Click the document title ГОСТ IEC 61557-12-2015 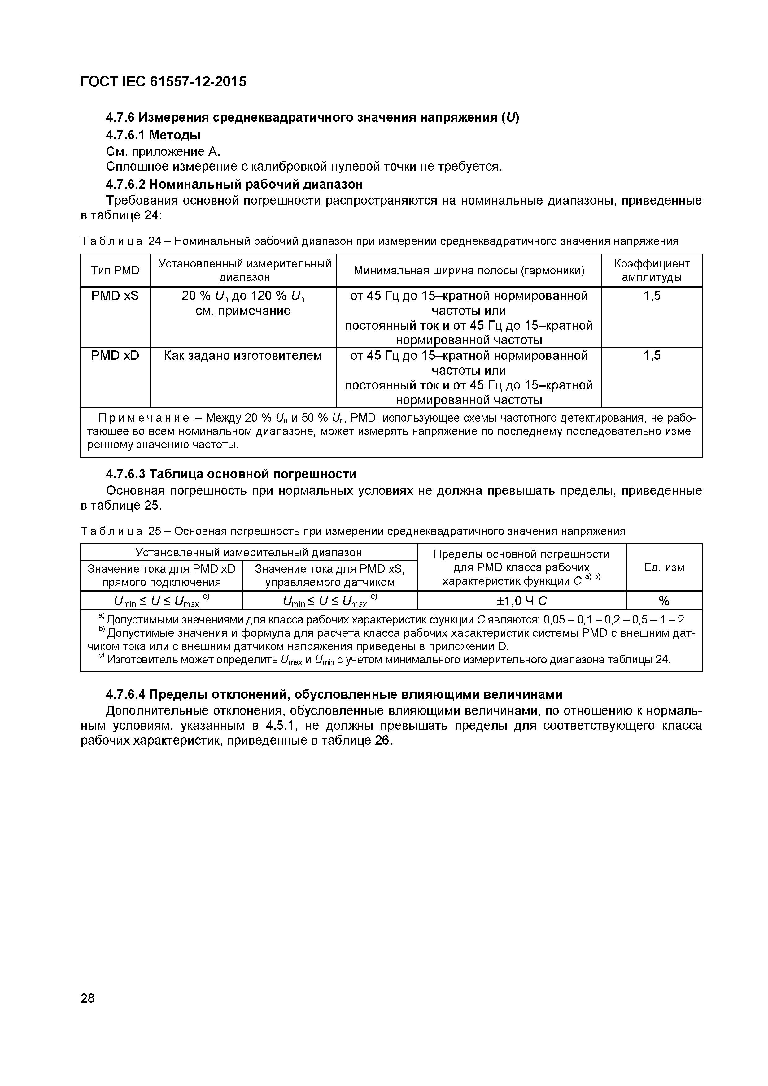tap(163, 82)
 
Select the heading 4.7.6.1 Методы tap(153, 135)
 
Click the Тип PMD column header tap(115, 271)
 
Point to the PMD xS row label tap(115, 296)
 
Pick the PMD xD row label tap(115, 356)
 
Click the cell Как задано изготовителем tap(243, 356)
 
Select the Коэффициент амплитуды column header tap(652, 271)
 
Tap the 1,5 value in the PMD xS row tap(652, 296)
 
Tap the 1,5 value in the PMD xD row tap(652, 356)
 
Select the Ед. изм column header tap(664, 567)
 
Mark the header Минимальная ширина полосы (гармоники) tap(469, 271)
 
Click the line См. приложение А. tap(163, 152)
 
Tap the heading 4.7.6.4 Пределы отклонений tap(334, 694)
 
